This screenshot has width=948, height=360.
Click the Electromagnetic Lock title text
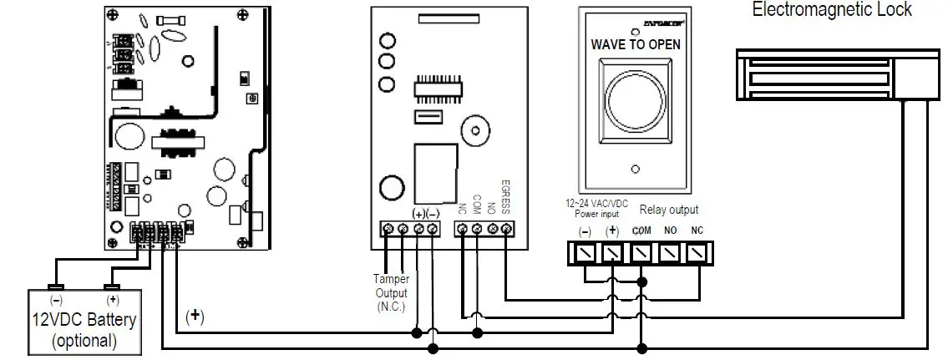[831, 10]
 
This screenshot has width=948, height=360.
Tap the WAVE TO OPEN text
[635, 44]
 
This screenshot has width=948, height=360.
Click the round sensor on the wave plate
[636, 97]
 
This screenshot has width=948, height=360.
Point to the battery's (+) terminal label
[112, 299]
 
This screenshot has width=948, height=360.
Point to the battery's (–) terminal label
[57, 299]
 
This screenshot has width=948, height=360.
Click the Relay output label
[668, 210]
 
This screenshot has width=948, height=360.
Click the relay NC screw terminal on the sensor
[697, 251]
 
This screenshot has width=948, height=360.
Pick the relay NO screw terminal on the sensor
[669, 251]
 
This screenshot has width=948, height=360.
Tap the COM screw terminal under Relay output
[641, 251]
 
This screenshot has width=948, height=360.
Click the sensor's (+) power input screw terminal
[612, 251]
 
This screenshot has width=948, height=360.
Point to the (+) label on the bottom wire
[194, 317]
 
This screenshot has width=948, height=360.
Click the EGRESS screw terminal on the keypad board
[506, 229]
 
